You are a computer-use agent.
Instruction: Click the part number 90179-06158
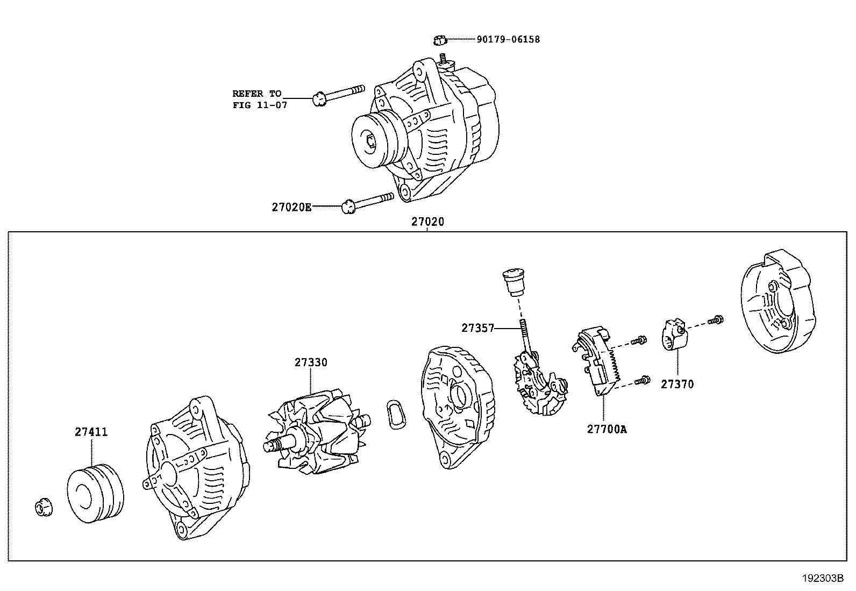(x=508, y=39)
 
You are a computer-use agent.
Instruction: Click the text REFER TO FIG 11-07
(x=259, y=99)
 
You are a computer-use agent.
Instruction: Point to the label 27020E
(x=291, y=207)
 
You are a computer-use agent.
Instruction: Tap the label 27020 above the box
(x=428, y=221)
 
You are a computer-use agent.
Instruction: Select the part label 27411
(x=91, y=432)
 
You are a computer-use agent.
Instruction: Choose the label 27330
(x=310, y=362)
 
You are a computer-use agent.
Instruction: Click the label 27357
(x=477, y=327)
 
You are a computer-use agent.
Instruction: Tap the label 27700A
(x=607, y=429)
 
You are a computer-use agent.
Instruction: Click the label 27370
(x=677, y=384)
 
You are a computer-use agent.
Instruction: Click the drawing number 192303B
(x=822, y=579)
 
